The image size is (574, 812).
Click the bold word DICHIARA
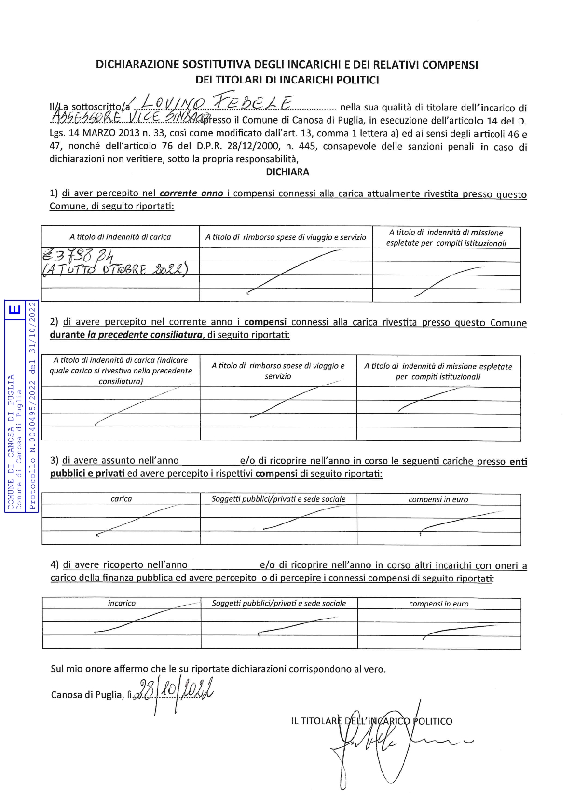point(287,172)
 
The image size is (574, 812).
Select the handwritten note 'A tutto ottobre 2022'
point(115,269)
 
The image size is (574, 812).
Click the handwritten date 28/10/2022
point(176,691)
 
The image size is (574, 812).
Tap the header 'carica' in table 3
point(121,499)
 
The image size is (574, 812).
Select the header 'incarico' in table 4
point(122,603)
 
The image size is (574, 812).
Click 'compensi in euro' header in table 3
point(438,499)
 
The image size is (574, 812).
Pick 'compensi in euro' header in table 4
point(438,604)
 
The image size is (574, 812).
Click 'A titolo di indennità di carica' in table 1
point(120,237)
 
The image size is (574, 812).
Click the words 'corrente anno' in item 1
point(191,193)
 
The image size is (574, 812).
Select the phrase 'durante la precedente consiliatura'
point(126,335)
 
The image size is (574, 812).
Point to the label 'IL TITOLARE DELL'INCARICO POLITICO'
point(371,721)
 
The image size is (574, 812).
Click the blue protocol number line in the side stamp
point(33,405)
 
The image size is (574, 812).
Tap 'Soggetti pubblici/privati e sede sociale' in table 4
point(279,603)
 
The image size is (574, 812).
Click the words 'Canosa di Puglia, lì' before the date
point(91,695)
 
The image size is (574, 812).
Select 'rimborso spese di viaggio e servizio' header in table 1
point(286,237)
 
